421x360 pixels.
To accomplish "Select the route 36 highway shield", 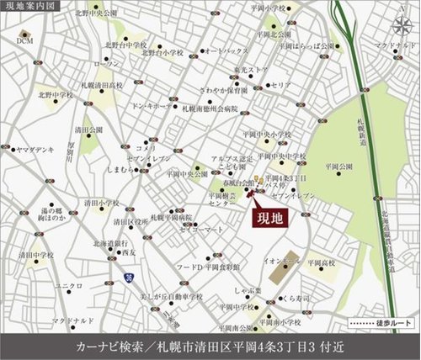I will [127, 275].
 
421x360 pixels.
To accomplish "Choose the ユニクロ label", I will [67, 286].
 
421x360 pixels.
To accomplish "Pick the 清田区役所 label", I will [128, 222].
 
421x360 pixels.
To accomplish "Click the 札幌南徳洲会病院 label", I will [210, 109].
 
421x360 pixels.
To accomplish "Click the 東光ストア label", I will [250, 71].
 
